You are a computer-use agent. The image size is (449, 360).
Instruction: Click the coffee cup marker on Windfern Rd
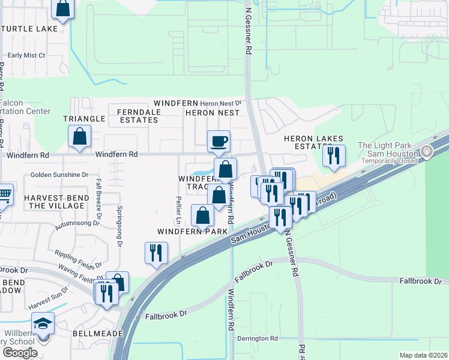click(218, 141)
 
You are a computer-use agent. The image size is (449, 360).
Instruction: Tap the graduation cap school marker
click(43, 324)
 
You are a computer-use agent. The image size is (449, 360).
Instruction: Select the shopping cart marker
click(4, 194)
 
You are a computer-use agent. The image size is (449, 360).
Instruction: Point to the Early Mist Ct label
click(26, 55)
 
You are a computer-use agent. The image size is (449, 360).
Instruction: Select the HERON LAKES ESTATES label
click(307, 142)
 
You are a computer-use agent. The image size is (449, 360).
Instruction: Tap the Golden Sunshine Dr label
click(59, 175)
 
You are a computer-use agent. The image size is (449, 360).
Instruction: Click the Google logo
click(20, 353)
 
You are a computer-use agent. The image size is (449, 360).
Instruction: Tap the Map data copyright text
click(423, 355)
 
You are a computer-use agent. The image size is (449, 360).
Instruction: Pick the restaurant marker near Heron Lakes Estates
click(333, 155)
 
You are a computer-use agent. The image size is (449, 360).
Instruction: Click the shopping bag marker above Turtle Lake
click(63, 8)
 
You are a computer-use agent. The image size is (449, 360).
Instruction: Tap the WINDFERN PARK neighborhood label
click(192, 231)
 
